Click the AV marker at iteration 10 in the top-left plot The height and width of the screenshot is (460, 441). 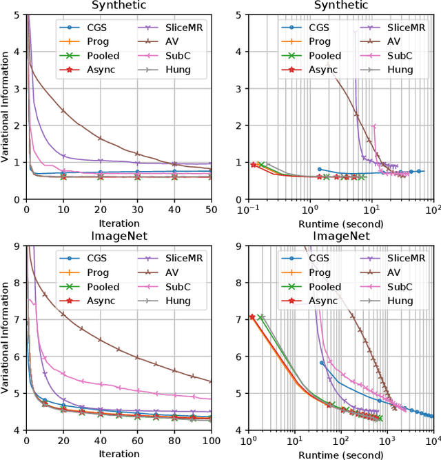click(x=63, y=110)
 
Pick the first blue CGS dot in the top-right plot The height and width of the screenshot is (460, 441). click(x=319, y=169)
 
